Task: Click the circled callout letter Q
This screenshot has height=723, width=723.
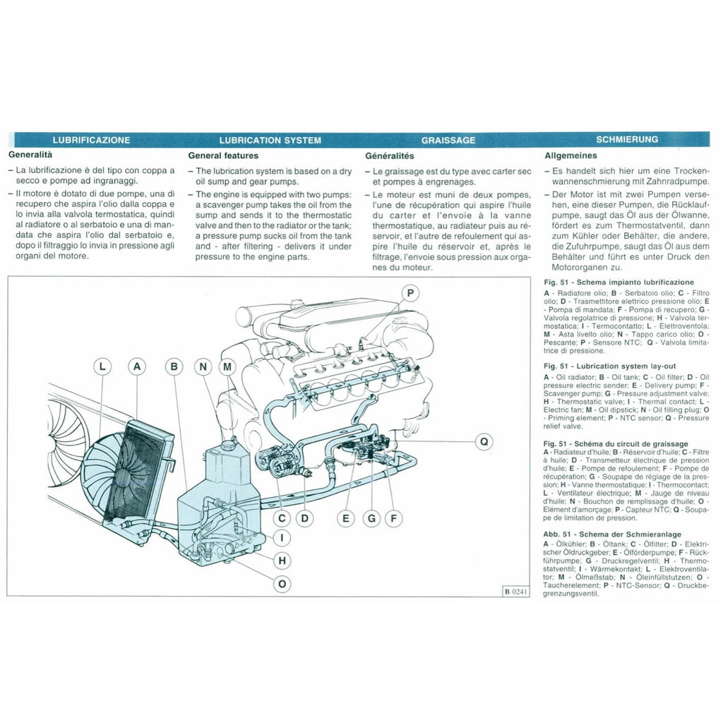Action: pos(484,442)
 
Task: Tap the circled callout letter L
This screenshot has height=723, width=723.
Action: pos(103,366)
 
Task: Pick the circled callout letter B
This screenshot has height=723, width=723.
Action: pos(174,366)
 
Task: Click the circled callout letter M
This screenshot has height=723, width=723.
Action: pos(227,366)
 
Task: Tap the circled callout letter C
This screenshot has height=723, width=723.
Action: pos(282,518)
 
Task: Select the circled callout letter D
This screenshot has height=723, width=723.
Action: pos(304,518)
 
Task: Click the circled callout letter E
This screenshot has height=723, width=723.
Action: pos(346,518)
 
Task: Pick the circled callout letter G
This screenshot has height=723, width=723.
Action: pos(371,518)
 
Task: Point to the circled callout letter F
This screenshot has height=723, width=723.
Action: pos(393,518)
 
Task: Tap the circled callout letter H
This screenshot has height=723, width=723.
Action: pos(282,561)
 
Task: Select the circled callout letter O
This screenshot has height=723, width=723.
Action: pos(282,583)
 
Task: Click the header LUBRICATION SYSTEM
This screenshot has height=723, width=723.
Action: pos(270,141)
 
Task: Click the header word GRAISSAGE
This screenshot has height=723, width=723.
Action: pos(448,141)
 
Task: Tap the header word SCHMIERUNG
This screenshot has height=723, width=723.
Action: pos(627,140)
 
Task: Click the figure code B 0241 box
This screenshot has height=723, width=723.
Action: pos(515,591)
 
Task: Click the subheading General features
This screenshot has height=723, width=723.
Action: pos(223,155)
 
